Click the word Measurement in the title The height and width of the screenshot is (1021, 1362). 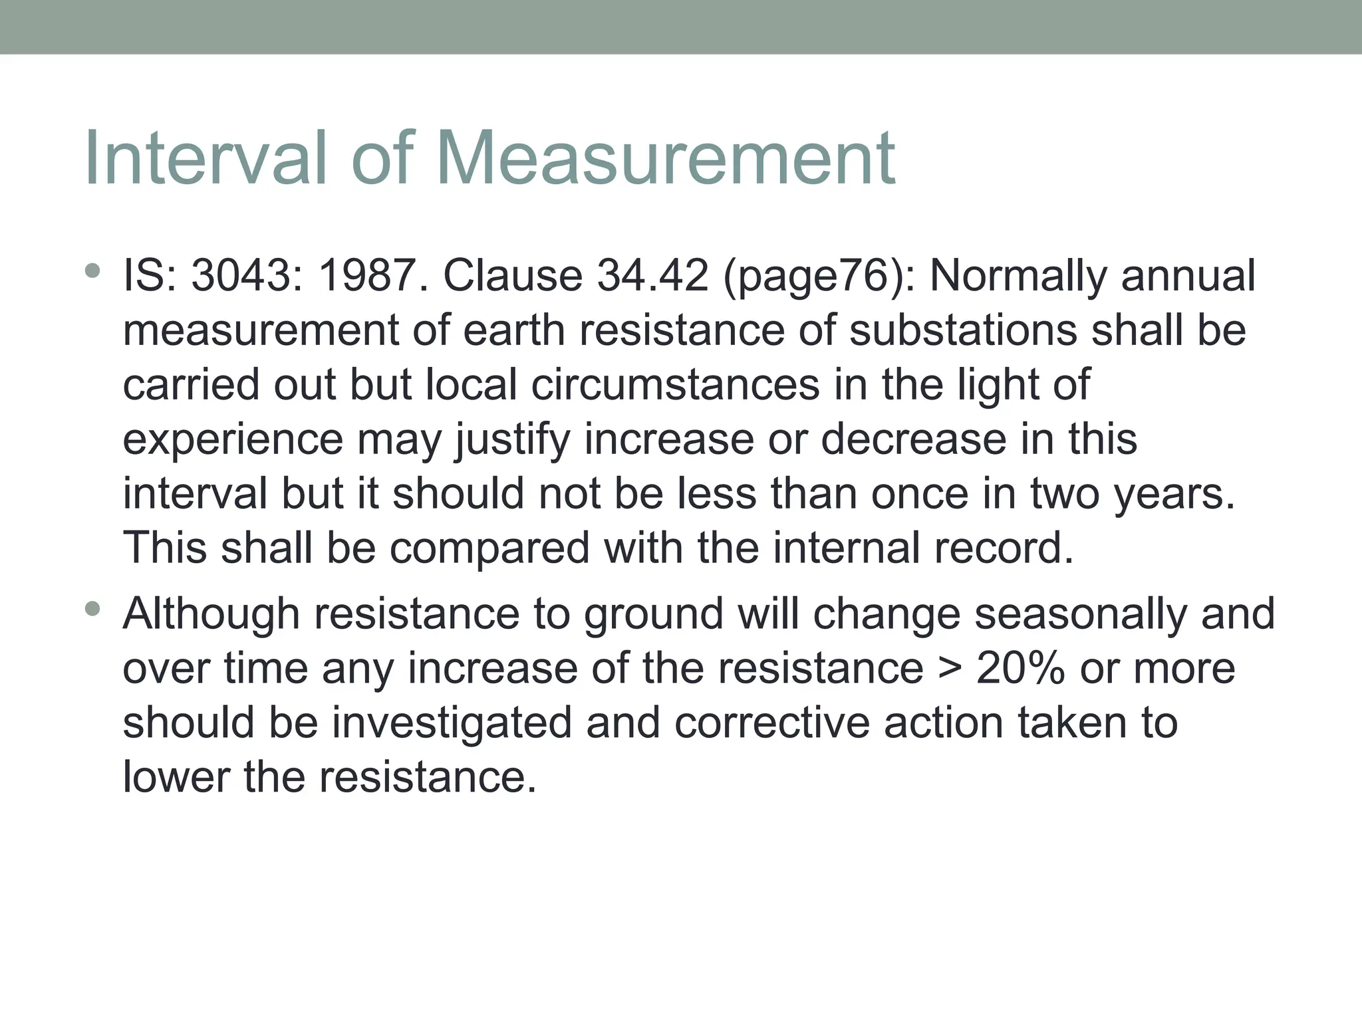click(x=665, y=160)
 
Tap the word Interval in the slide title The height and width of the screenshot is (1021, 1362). click(x=207, y=160)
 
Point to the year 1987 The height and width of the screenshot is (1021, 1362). click(x=373, y=276)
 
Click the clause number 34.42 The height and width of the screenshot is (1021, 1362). click(x=652, y=276)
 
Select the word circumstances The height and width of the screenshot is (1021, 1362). click(x=676, y=385)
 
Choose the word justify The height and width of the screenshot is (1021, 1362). click(x=513, y=441)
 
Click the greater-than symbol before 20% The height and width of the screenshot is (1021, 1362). click(x=950, y=669)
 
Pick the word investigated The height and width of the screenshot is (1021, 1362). click(x=452, y=724)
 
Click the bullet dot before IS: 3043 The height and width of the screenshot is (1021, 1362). click(x=92, y=271)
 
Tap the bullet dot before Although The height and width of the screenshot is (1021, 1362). click(x=92, y=608)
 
